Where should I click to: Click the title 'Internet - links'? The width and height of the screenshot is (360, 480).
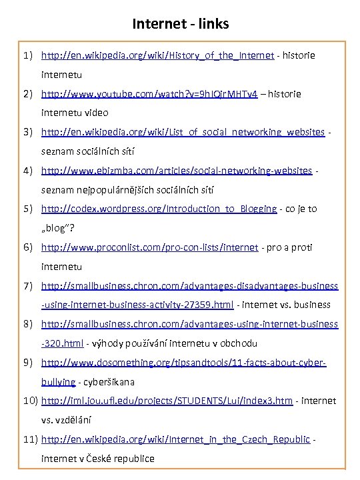[x=180, y=24]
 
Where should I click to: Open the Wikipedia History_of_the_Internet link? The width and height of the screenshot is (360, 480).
[x=157, y=55]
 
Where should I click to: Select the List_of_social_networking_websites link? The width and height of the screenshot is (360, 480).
[x=183, y=132]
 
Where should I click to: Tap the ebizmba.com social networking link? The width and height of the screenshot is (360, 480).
[x=176, y=171]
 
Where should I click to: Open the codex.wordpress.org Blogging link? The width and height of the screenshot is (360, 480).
[x=159, y=209]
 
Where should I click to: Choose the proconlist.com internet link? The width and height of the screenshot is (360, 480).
[x=149, y=247]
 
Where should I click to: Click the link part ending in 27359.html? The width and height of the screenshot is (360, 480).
[x=137, y=305]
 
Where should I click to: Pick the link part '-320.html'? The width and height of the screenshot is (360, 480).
[x=62, y=343]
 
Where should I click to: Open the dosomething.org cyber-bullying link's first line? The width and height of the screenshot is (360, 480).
[x=183, y=363]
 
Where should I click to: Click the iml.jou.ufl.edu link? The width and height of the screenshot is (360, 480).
[x=167, y=401]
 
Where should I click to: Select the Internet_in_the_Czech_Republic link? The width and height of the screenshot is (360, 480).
[x=175, y=439]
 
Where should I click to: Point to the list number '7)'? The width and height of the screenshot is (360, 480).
[x=29, y=286]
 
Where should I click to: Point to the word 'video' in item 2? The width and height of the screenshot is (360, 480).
[x=95, y=113]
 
